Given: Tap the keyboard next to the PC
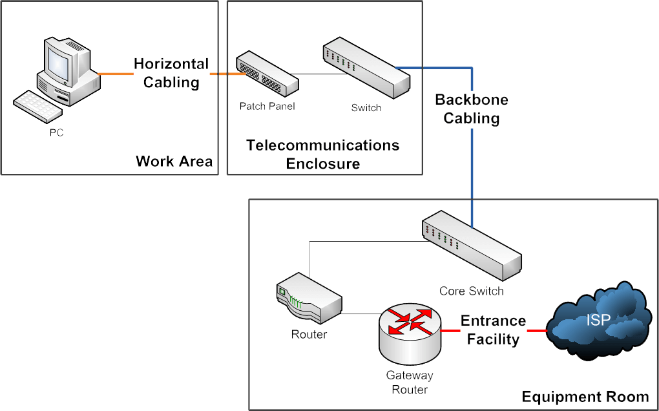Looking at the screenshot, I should (36, 107).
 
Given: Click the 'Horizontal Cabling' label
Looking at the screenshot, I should (171, 73).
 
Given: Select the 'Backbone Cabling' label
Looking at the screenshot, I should (472, 109).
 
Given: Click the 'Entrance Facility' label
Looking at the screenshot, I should (493, 330).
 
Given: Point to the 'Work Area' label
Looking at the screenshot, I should (174, 162).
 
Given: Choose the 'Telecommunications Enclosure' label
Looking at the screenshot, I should (323, 154).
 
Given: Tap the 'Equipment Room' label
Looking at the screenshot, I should (585, 397).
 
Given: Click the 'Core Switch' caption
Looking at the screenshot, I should (471, 291).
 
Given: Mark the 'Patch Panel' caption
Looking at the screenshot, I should (267, 106).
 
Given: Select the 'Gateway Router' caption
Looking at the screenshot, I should (410, 383).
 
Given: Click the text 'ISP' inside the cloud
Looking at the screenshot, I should (598, 319).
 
